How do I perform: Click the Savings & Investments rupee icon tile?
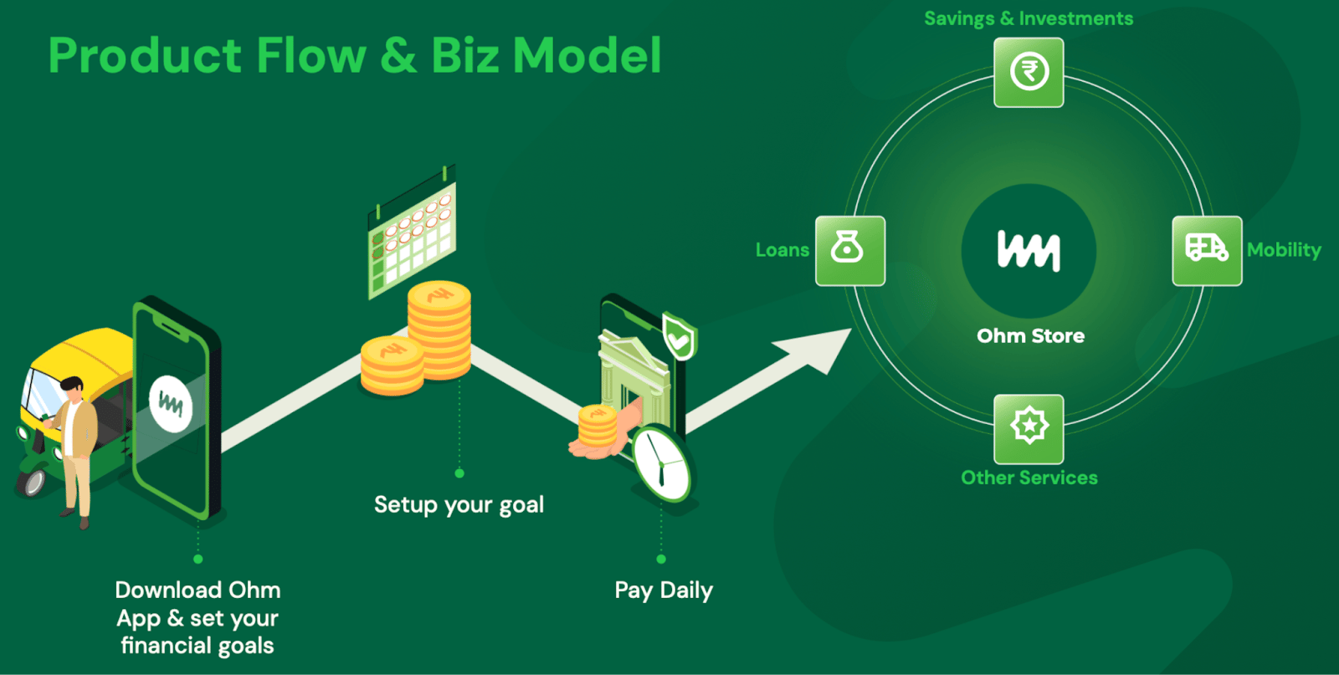pos(1029,72)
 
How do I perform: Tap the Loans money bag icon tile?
pos(850,251)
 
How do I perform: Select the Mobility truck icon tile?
pos(1207,251)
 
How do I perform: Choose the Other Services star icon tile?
pos(1029,429)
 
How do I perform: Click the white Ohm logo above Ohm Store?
pos(1029,250)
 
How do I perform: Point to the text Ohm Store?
pos(1030,335)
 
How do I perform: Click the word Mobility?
pos(1284,250)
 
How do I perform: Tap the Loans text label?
pos(782,250)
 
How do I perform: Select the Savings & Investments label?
pos(1029,18)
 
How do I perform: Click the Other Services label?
pos(1029,478)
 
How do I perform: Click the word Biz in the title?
pos(464,55)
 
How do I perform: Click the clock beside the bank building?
pos(662,463)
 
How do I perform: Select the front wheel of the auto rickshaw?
pos(33,480)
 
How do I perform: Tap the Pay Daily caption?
pos(664,591)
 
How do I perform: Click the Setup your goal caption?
pos(459,505)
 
